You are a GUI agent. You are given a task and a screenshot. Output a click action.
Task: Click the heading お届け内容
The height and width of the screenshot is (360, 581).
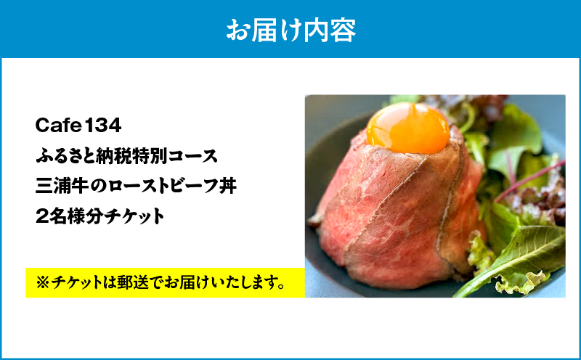click(x=290, y=30)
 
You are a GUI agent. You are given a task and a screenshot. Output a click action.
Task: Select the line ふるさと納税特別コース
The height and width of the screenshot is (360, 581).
click(x=125, y=155)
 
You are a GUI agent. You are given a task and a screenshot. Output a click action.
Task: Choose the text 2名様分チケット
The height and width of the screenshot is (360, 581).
click(x=99, y=215)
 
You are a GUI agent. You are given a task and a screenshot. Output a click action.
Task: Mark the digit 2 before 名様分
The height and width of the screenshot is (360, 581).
click(x=41, y=215)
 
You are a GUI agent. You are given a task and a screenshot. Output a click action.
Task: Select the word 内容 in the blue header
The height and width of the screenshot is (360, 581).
click(x=335, y=30)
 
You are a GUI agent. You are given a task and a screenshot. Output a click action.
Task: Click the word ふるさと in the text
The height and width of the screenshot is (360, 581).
click(x=62, y=155)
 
